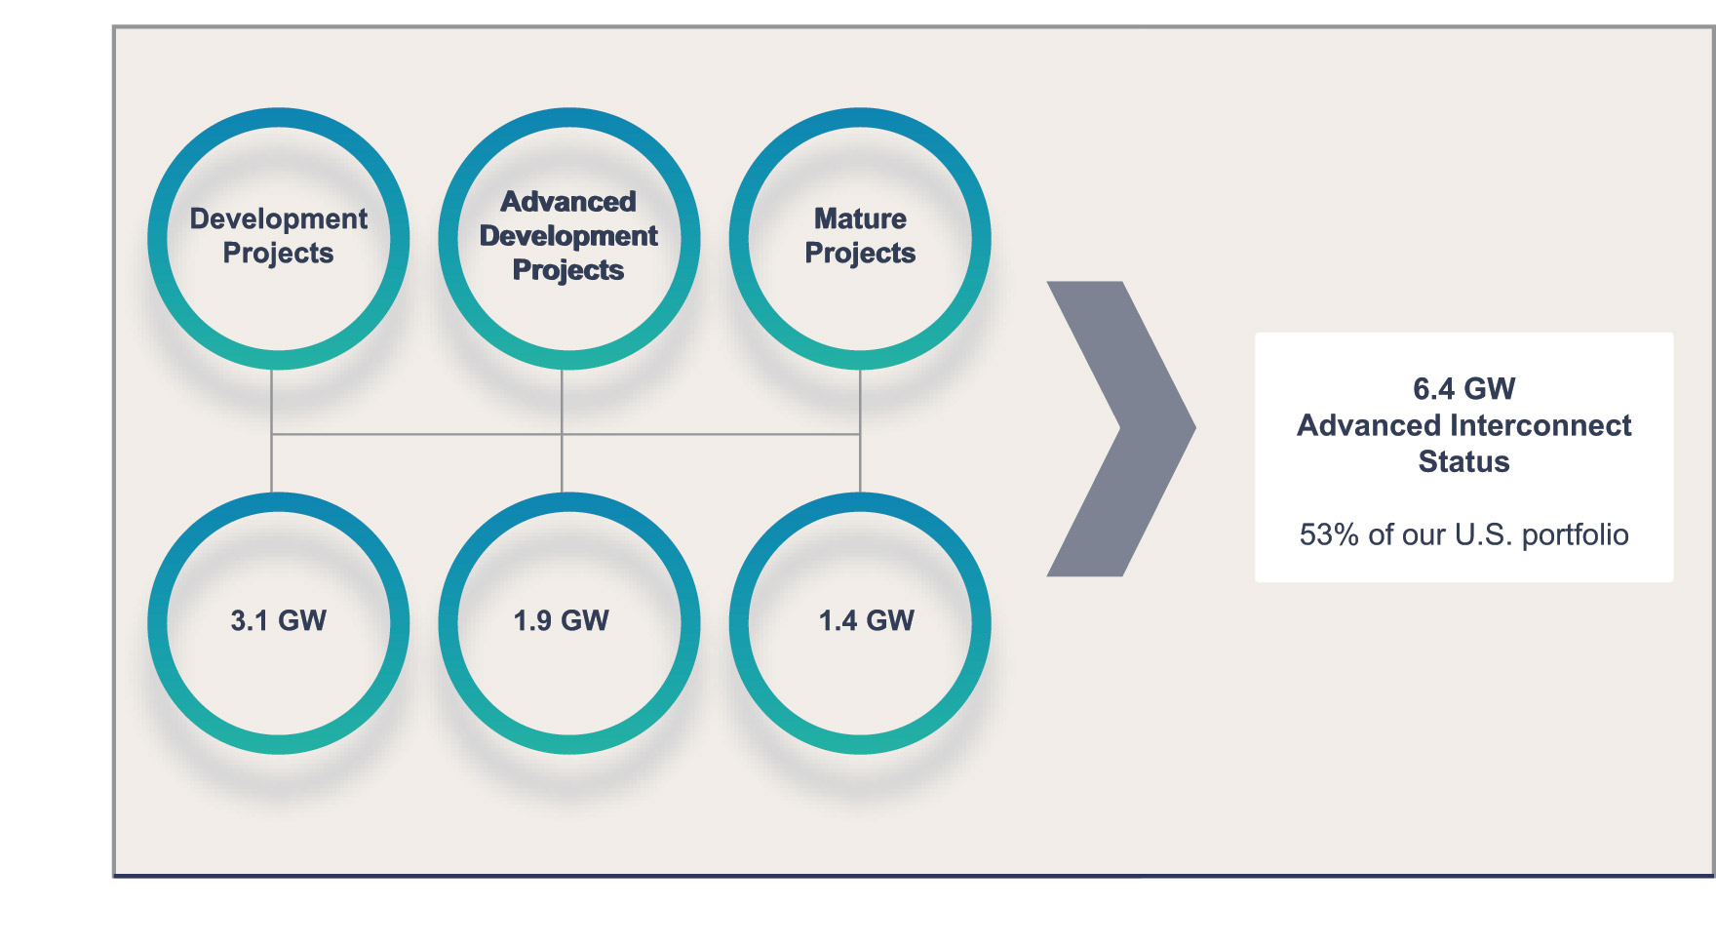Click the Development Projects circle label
(278, 235)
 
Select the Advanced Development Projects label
(568, 235)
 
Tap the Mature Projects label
(860, 235)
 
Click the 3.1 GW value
(278, 620)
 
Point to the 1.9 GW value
(561, 620)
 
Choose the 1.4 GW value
(866, 620)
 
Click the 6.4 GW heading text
(1463, 388)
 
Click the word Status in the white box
(1463, 461)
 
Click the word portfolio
(1575, 534)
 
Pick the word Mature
(860, 218)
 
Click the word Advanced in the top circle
(568, 202)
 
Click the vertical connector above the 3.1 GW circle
(271, 463)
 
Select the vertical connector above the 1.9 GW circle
(562, 463)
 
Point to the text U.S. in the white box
(1483, 534)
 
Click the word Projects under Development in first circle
(278, 253)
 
